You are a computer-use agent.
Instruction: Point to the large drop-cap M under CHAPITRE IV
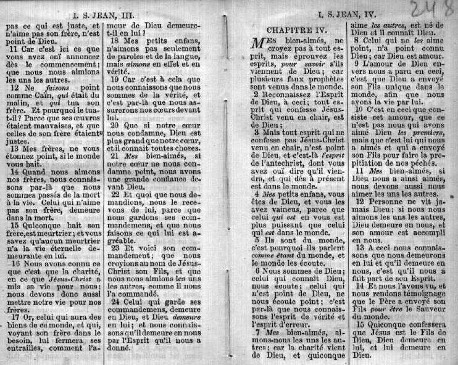tap(259, 44)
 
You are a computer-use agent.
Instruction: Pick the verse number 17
tap(15, 318)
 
